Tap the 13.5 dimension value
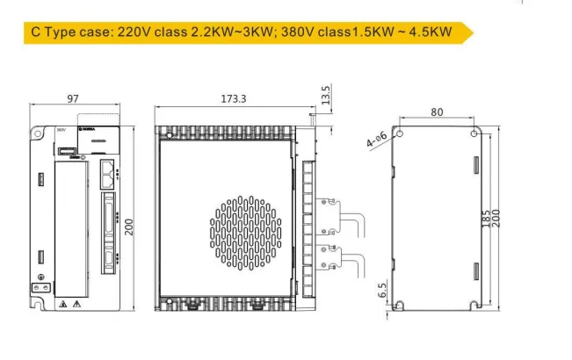point(326,95)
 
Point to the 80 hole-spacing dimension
point(437,112)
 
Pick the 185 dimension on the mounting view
point(487,219)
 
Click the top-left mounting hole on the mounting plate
point(398,134)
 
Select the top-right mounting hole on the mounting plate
point(474,134)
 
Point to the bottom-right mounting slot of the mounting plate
point(474,305)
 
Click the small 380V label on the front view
point(61,129)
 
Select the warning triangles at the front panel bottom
point(70,303)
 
